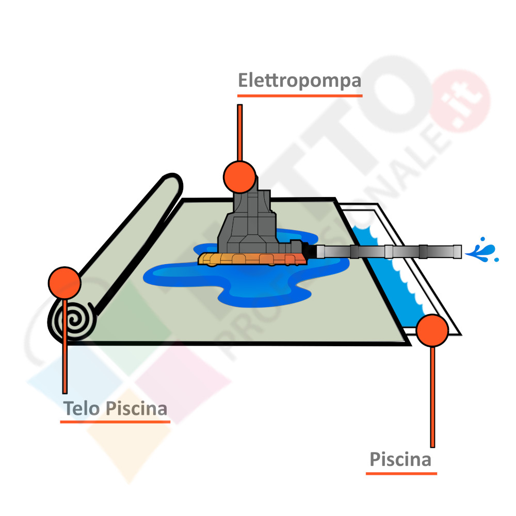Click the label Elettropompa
(x=299, y=82)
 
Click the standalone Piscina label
(x=400, y=459)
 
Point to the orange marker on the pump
(x=239, y=176)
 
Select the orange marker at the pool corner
(x=432, y=330)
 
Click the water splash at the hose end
(x=483, y=251)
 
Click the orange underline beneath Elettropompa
(x=299, y=96)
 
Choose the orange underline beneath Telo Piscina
(x=115, y=422)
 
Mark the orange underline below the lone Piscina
(x=401, y=473)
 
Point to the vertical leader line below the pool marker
(x=432, y=397)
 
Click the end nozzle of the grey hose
(x=456, y=251)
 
